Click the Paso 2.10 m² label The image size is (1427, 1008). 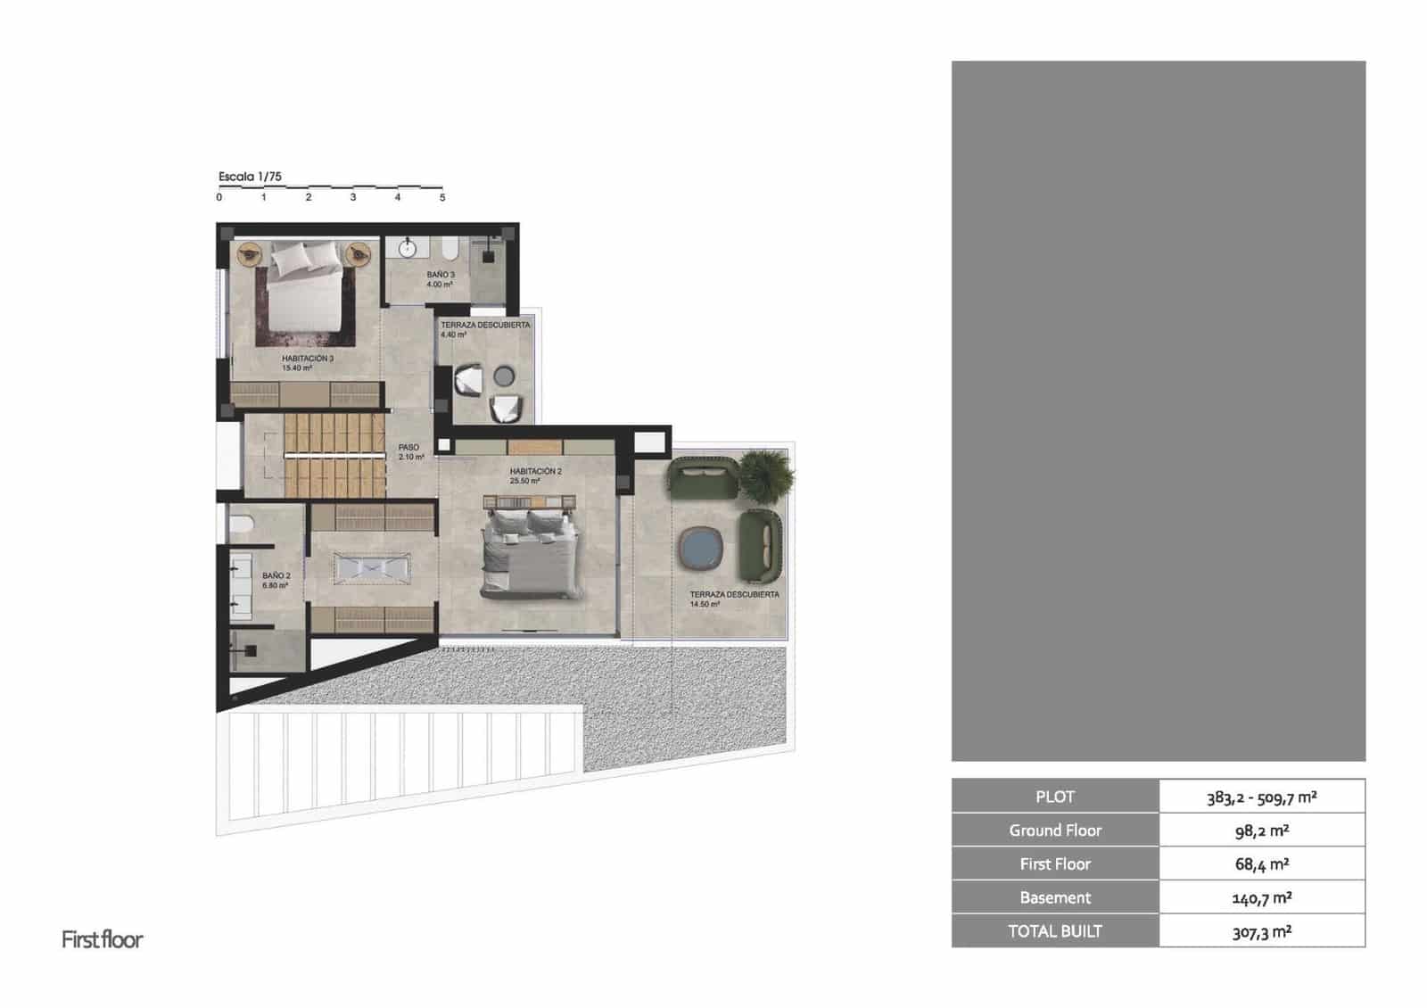click(409, 452)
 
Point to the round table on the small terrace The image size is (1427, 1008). click(505, 376)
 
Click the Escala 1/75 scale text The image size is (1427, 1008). click(250, 177)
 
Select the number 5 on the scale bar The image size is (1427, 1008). click(442, 197)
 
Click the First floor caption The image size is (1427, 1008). click(102, 939)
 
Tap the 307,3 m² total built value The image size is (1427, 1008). click(1261, 931)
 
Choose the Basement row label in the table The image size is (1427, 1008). click(1055, 897)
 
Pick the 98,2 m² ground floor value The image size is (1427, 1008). click(1261, 830)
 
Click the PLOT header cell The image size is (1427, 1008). click(1055, 797)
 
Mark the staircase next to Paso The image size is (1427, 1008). click(334, 455)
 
